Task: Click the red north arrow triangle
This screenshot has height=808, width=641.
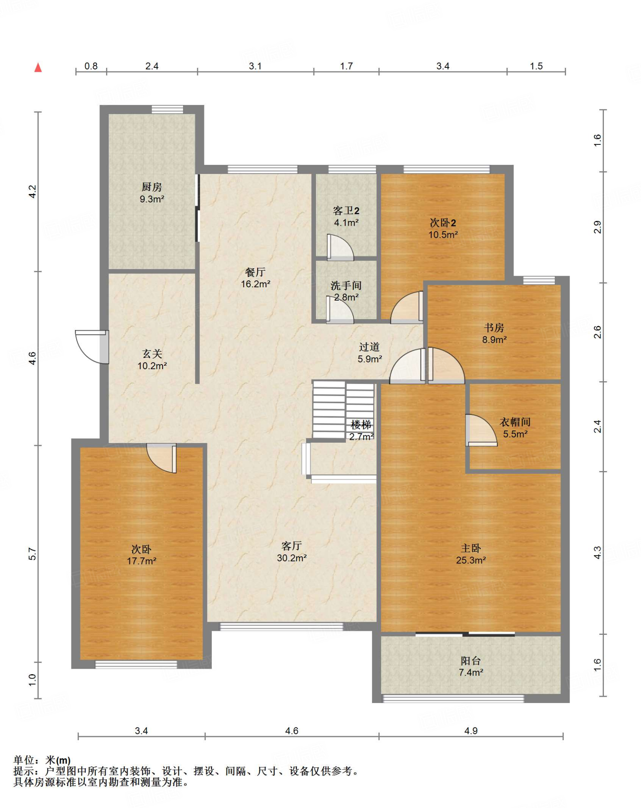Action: pos(38,68)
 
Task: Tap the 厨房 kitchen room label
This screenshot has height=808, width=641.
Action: pos(152,187)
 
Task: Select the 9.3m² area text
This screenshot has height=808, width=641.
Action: pos(152,199)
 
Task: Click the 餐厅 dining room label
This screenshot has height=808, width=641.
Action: pos(256,272)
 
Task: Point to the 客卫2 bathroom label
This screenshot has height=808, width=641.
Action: pos(346,211)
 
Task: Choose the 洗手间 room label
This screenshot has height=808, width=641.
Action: pos(346,285)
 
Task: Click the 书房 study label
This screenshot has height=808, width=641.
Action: pos(494,327)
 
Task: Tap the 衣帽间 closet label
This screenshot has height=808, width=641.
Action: pos(515,422)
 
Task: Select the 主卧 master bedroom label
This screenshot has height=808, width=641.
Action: pos(471,548)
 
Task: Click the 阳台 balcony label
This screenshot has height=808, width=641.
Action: pos(471,661)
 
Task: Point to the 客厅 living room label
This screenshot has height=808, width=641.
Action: pos(292,546)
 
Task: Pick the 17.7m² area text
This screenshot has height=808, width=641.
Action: pos(142,561)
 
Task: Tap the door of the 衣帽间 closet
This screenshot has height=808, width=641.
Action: pos(481,430)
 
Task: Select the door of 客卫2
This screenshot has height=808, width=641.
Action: pos(340,247)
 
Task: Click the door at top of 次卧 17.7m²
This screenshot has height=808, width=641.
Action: pos(161,458)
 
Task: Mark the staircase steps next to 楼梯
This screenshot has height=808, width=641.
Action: pos(343,410)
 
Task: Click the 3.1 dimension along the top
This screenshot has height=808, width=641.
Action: pos(255,66)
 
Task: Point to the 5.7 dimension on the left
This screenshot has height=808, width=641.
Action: pos(32,554)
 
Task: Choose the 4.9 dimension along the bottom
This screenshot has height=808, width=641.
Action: pos(471,731)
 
